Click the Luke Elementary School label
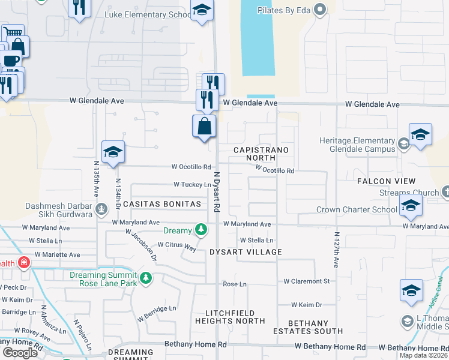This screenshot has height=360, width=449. click(147, 14)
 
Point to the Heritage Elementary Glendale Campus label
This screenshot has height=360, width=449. click(357, 145)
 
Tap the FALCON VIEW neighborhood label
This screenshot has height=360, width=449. click(387, 181)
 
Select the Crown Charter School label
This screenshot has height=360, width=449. click(357, 210)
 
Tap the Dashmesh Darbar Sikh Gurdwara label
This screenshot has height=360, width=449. click(58, 210)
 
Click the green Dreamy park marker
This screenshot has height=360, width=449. click(201, 230)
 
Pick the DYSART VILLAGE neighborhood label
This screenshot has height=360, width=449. click(246, 252)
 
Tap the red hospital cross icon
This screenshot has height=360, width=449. click(23, 263)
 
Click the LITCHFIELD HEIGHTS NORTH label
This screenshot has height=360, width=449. click(230, 317)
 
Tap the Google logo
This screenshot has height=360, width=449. click(20, 353)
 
